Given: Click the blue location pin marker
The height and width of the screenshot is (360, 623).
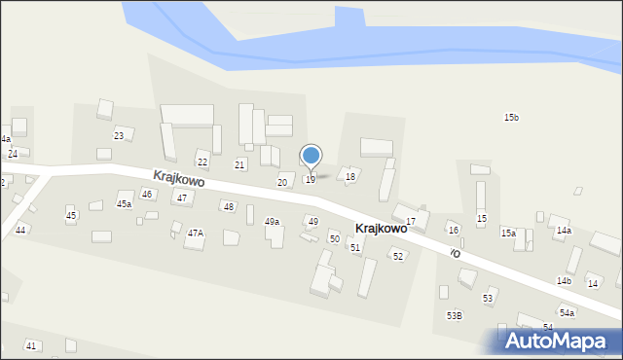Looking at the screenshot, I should click(311, 157).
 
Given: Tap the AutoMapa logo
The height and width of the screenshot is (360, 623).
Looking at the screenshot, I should click(558, 341).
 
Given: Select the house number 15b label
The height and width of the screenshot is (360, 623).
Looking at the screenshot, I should click(511, 118).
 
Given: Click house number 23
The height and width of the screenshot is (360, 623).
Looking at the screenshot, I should click(119, 135).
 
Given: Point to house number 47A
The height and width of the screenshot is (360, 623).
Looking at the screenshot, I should click(196, 234).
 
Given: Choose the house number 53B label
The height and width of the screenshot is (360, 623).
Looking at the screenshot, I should click(455, 315).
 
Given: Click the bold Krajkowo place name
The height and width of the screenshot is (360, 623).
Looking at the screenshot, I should click(381, 229).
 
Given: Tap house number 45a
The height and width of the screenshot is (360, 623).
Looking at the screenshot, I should click(125, 204).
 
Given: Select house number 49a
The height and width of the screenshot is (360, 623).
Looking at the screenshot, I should click(273, 222).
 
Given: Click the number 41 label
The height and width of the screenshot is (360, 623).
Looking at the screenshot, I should click(31, 346).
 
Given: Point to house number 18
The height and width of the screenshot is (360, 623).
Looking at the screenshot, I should click(350, 176).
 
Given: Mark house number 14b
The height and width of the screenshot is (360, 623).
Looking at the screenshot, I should click(564, 281).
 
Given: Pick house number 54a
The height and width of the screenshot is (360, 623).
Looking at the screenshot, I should click(567, 313).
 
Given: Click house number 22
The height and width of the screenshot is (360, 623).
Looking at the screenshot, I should click(202, 162).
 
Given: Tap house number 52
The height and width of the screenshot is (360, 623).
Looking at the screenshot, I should click(397, 256).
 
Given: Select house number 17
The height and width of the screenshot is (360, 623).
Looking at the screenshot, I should click(411, 222).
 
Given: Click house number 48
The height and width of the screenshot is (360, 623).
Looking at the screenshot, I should click(229, 207).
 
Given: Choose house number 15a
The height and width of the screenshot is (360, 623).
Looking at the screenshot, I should click(508, 234).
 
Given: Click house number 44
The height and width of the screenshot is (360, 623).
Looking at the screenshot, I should click(20, 230).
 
